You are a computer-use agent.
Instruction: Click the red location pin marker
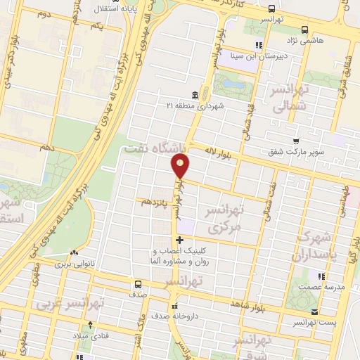coord(181,166)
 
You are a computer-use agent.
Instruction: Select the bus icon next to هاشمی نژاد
coord(304,30)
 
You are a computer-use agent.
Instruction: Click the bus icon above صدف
coord(138,285)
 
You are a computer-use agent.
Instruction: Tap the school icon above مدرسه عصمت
coord(321,276)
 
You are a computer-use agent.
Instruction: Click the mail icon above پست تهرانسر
coord(314,312)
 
